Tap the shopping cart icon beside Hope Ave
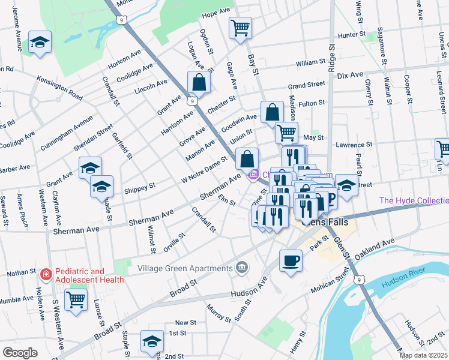(x=240, y=27)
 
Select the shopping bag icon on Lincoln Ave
(x=199, y=82)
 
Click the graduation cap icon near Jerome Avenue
(x=40, y=42)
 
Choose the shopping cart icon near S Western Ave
(x=76, y=299)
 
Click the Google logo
(x=20, y=353)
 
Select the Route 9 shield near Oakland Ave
(x=359, y=280)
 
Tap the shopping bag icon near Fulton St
(x=272, y=112)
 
